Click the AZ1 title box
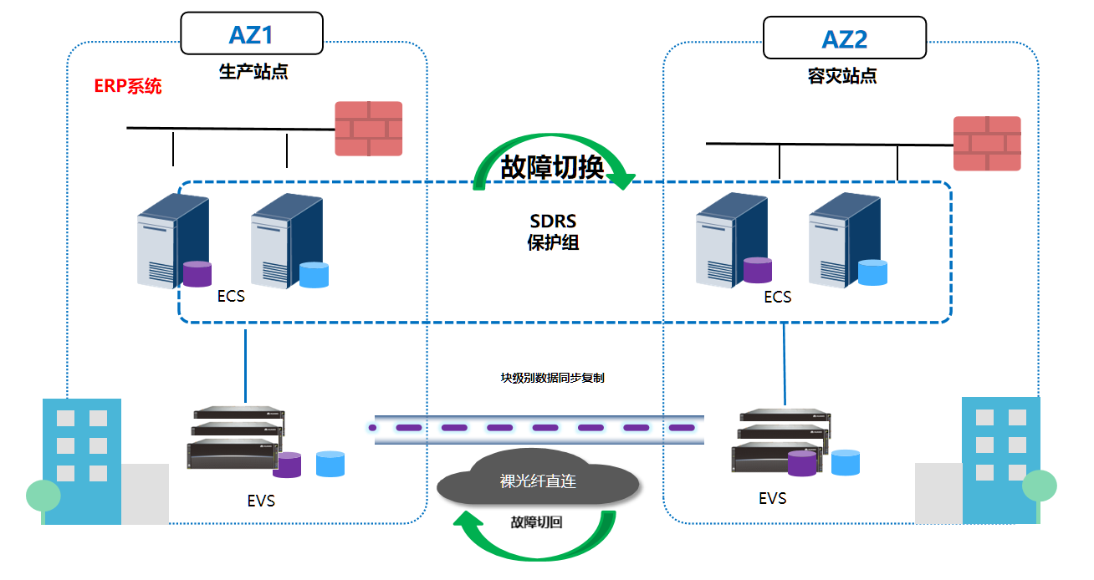(252, 34)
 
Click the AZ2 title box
(845, 38)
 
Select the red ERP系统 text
(128, 86)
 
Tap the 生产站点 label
(253, 71)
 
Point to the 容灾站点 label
(842, 76)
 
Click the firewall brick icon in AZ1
(369, 128)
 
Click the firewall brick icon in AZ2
(987, 143)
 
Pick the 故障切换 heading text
(552, 168)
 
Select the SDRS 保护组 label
(553, 232)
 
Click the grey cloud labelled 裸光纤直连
(538, 482)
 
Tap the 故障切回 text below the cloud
(536, 522)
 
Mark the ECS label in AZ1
(231, 296)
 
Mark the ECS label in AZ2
(777, 297)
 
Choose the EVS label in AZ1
(261, 501)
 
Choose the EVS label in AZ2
(772, 499)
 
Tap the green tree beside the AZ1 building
(43, 496)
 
